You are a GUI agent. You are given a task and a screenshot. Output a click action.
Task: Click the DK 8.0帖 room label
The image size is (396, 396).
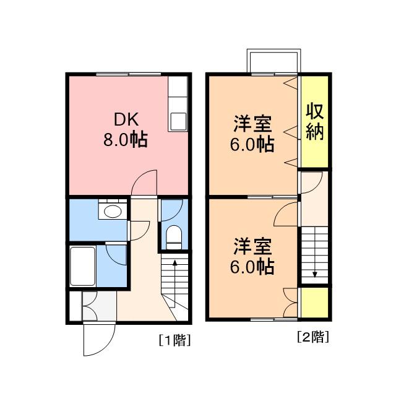click(126, 129)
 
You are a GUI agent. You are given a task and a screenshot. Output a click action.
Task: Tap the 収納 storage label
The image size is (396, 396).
click(315, 122)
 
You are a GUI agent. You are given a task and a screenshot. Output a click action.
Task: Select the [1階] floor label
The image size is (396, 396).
click(174, 340)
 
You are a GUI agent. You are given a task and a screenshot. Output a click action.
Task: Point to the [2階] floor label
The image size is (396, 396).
click(313, 337)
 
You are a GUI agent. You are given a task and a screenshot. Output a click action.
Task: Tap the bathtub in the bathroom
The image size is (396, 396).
click(82, 266)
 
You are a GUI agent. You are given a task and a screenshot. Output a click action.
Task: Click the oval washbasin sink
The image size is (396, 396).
click(113, 212)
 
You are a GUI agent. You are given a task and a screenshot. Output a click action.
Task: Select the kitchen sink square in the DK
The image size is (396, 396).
click(178, 121)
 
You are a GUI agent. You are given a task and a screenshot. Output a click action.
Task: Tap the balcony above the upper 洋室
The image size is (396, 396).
click(273, 61)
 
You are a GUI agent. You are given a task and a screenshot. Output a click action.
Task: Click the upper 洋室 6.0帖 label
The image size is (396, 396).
click(252, 134)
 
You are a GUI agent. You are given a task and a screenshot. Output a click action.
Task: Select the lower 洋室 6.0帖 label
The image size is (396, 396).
click(252, 256)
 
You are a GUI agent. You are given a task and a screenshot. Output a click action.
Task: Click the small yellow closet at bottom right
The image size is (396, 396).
click(315, 303)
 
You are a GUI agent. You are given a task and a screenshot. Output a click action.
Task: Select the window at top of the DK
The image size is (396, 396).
click(129, 74)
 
